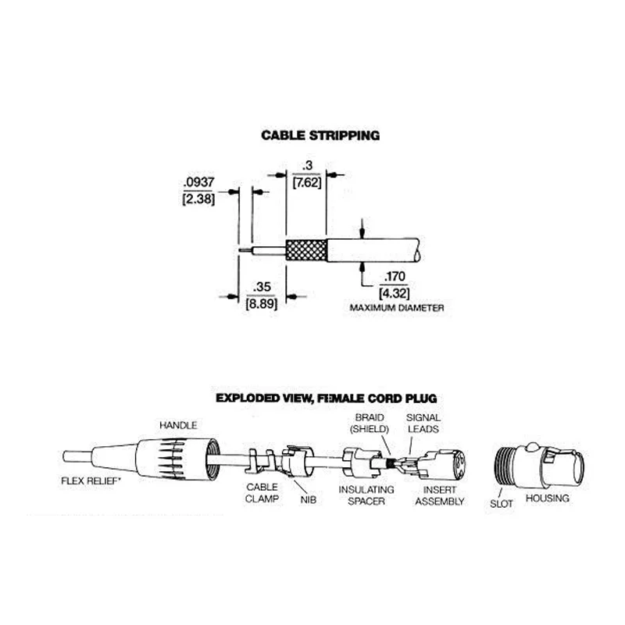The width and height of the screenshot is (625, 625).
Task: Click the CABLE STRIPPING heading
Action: (x=320, y=135)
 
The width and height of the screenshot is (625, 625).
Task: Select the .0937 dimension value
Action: (x=198, y=182)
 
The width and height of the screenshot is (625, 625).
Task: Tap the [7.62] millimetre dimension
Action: (x=307, y=183)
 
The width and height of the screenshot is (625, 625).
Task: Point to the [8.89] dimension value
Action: (x=262, y=304)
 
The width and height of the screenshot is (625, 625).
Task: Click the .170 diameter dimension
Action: (x=395, y=277)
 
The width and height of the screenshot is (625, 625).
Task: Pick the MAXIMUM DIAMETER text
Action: (x=397, y=308)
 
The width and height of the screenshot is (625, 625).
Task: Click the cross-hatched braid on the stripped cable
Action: (x=306, y=250)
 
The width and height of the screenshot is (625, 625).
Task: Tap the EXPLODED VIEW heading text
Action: (x=326, y=398)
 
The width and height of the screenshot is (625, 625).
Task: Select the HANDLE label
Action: (x=178, y=425)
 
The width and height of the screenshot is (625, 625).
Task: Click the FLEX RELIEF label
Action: (x=91, y=481)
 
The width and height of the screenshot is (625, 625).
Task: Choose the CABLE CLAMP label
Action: (x=262, y=493)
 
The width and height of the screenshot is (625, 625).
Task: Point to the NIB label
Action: (x=308, y=500)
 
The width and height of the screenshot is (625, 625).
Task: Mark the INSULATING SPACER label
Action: (x=366, y=495)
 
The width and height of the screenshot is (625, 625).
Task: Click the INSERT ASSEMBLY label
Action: (x=440, y=495)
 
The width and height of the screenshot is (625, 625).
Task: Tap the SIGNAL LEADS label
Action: (x=423, y=423)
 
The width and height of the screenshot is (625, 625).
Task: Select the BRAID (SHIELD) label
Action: (x=370, y=423)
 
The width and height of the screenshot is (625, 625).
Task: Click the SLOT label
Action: (x=501, y=504)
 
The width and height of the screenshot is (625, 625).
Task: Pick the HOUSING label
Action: (x=548, y=498)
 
